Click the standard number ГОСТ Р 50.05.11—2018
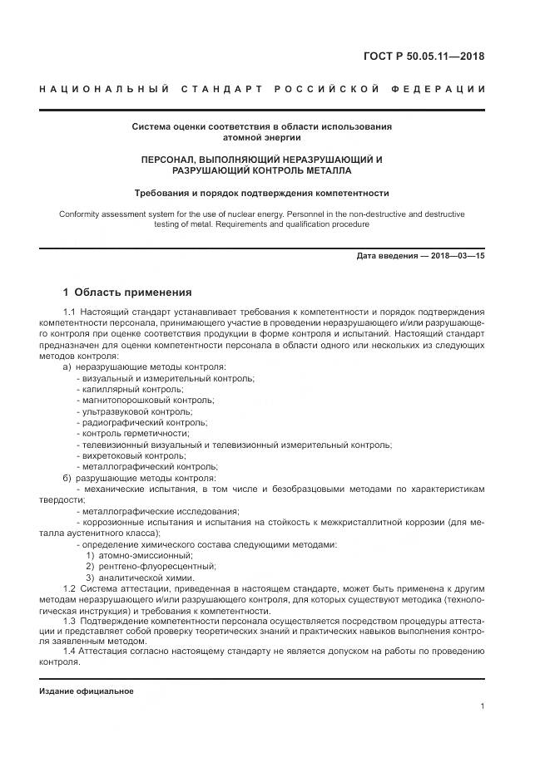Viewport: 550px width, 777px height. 424,57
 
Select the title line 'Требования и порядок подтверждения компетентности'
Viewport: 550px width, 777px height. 262,193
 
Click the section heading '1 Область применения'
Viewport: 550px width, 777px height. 127,293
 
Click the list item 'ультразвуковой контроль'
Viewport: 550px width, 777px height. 134,411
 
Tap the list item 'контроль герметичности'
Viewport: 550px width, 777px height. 132,434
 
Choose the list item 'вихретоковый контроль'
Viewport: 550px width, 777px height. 131,455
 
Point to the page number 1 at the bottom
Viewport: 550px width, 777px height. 483,706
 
